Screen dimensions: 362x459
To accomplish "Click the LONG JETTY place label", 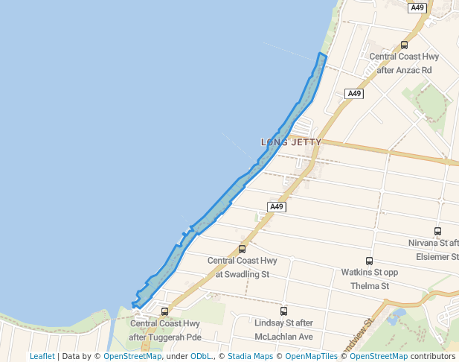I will (x=292, y=142).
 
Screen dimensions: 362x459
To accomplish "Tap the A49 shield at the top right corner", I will (x=417, y=7).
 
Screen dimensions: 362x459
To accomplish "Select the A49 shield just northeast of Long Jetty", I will (x=354, y=94).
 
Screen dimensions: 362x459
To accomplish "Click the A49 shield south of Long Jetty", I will (x=277, y=206).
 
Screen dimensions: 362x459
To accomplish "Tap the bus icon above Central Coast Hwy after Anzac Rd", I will (x=404, y=45).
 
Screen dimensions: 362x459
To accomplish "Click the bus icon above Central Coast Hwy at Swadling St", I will (x=242, y=249).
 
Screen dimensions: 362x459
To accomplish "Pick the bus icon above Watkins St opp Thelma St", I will (x=370, y=261).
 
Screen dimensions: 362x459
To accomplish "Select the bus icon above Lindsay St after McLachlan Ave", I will (x=283, y=311).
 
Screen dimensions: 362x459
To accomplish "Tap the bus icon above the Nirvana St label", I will (x=437, y=232).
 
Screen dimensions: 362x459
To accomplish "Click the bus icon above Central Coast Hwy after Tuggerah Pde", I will (x=164, y=311).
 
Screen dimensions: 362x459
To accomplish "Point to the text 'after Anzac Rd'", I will (x=404, y=70).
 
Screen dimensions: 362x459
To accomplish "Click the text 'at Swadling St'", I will (x=242, y=274).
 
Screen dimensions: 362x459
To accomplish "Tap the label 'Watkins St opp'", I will (x=370, y=273).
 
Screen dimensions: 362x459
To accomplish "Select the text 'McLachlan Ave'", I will (x=283, y=337).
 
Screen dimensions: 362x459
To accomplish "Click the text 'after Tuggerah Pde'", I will (x=165, y=337).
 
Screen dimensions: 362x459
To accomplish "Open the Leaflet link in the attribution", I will (x=42, y=356).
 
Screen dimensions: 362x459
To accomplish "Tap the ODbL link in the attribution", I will (x=202, y=356).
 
